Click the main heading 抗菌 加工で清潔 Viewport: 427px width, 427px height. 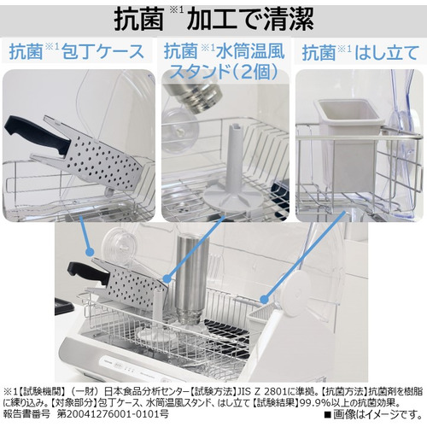pos(213,19)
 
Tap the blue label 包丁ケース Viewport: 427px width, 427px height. pos(103,51)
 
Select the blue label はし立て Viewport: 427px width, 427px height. pos(387,53)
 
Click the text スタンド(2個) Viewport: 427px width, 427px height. pos(224,71)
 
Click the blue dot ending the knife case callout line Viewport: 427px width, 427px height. pos(90,251)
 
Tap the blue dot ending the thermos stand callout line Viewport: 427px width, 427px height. pos(167,278)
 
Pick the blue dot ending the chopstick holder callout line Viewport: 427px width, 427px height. pos(265,299)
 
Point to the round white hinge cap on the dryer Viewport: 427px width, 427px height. pos(299,294)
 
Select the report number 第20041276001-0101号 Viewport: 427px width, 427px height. pos(113,413)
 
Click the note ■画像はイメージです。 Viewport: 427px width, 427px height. pos(373,414)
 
